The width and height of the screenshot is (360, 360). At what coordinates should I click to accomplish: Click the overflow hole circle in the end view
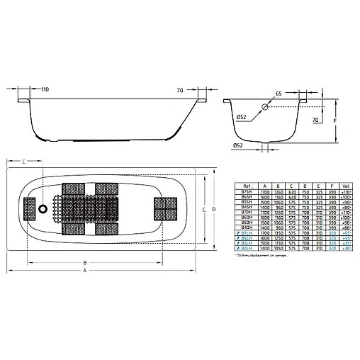tap(264, 107)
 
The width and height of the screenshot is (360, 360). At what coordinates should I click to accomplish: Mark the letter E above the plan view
tap(23, 163)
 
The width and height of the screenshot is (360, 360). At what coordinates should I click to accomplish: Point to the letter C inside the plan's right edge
tap(203, 209)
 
